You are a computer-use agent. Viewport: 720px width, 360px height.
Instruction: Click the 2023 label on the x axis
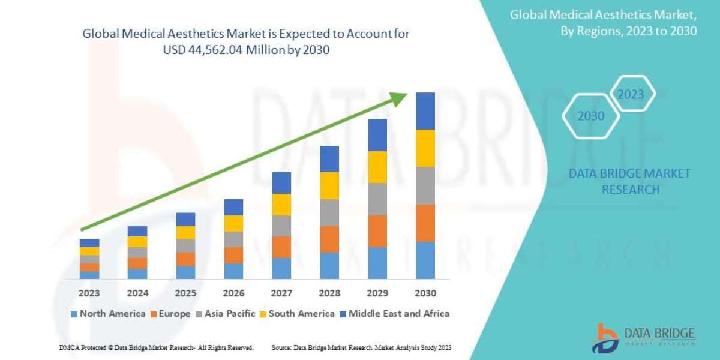point(89,293)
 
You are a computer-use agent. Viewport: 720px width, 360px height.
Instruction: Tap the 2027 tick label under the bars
point(281,293)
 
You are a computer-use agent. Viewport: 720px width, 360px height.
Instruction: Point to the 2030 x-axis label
point(425,293)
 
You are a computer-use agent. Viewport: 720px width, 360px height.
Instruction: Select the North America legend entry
point(108,314)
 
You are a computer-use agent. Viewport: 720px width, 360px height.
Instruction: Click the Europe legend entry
point(170,314)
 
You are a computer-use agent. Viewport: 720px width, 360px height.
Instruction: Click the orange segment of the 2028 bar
point(329,239)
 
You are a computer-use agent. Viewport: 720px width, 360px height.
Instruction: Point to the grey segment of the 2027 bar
point(281,226)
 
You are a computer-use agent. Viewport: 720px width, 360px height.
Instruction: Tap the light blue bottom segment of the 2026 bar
point(233,271)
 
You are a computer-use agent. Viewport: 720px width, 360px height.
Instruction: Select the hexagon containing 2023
point(631,95)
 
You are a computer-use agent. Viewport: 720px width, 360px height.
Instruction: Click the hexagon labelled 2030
point(591,116)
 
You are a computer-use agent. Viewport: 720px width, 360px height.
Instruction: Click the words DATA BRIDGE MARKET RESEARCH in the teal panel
point(630,181)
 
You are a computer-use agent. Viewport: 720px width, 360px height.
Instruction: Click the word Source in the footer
point(281,348)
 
